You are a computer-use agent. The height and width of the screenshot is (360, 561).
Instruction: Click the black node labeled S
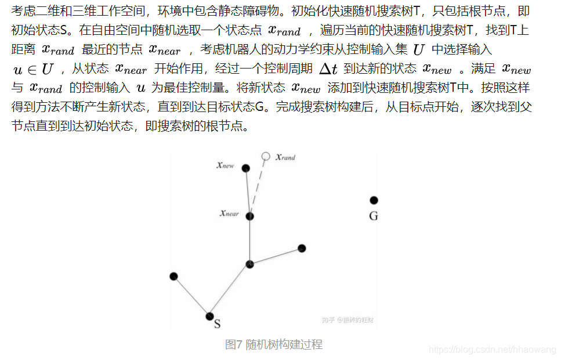(x=209, y=316)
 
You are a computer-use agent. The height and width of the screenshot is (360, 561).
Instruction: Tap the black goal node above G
(x=374, y=200)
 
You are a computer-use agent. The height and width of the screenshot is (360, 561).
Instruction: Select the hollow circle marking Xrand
(x=266, y=156)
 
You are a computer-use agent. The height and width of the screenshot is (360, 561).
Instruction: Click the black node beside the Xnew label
(x=246, y=168)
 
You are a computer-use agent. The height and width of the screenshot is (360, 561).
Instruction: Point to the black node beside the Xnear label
(x=250, y=216)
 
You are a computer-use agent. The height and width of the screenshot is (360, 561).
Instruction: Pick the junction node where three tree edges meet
(x=249, y=264)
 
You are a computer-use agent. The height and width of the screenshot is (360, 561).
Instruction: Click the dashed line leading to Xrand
(x=259, y=183)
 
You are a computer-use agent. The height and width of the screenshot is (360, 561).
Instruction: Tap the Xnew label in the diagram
(x=225, y=165)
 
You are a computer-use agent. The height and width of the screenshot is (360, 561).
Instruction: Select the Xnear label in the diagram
(x=229, y=214)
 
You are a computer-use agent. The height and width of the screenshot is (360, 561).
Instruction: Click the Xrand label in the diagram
(x=285, y=157)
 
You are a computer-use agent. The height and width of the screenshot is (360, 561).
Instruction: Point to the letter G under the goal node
(x=374, y=216)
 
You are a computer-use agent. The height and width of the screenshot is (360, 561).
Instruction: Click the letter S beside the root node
(x=218, y=324)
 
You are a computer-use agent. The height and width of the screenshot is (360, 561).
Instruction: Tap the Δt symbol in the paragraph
(x=328, y=69)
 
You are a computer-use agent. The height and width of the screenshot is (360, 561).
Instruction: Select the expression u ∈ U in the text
(x=32, y=70)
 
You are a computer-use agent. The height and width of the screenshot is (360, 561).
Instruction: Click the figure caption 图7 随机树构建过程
(x=273, y=344)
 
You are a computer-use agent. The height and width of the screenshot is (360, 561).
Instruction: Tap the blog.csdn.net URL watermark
(x=493, y=349)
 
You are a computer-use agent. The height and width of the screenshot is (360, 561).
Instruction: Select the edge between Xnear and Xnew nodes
(x=248, y=192)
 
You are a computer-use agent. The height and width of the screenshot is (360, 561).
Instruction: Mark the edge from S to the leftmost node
(x=191, y=296)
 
